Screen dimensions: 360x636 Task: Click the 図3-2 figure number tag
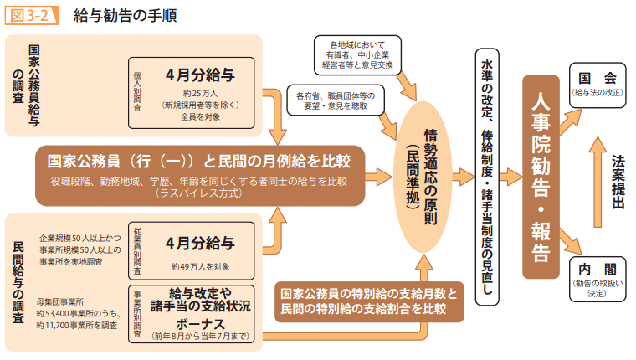pyautogui.click(x=31, y=15)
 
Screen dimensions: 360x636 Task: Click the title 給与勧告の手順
pyautogui.click(x=124, y=15)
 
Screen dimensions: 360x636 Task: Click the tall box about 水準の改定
pyautogui.click(x=486, y=176)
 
